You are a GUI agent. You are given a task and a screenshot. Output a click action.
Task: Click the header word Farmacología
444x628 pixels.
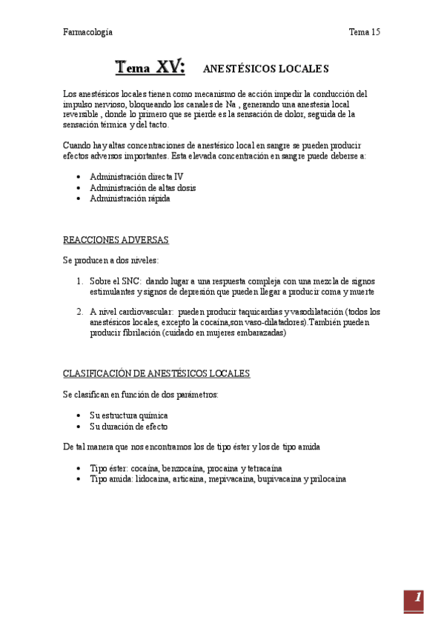(87, 32)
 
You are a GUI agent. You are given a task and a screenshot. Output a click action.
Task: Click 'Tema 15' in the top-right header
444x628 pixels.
(364, 32)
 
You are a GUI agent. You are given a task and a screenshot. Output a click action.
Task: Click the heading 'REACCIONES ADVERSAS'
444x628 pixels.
(116, 240)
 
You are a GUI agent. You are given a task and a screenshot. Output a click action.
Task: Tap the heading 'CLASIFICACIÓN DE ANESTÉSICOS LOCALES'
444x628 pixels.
(156, 374)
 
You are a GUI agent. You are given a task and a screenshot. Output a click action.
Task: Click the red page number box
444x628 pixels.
(414, 601)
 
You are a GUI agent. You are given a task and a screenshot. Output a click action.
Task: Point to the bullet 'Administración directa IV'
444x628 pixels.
(136, 177)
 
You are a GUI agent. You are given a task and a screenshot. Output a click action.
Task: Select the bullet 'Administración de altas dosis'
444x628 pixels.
(143, 188)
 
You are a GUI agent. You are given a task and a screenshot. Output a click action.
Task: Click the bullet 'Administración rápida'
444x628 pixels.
(125, 198)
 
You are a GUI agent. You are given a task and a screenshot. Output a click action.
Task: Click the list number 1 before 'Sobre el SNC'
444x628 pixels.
(80, 281)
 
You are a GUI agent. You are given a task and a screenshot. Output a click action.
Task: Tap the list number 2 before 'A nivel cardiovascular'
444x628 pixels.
(80, 312)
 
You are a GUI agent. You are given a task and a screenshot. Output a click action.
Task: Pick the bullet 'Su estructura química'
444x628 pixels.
(129, 415)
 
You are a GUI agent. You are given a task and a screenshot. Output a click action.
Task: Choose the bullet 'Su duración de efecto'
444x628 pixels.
(129, 427)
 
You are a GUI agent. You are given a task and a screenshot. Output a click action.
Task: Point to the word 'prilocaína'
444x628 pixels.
(325, 479)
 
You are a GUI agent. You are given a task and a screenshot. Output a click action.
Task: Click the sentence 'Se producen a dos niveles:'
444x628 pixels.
(110, 261)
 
